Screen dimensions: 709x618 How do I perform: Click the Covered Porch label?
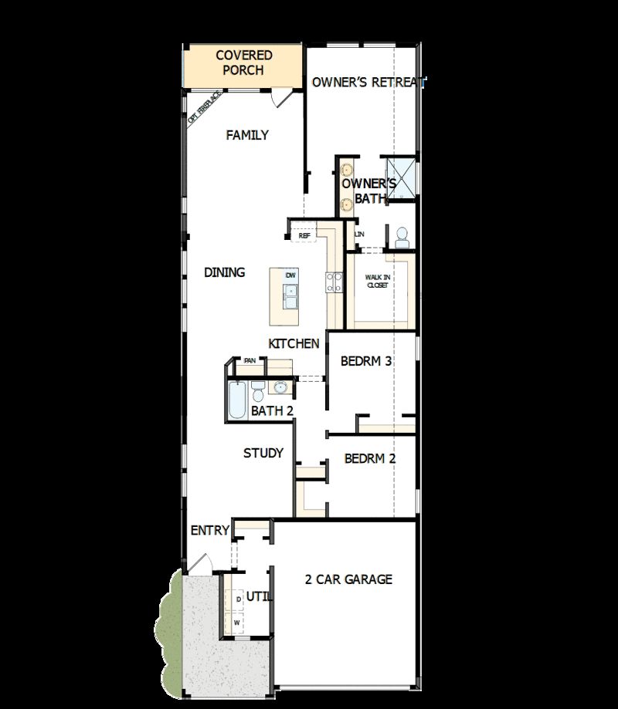point(243,62)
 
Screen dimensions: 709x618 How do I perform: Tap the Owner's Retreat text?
point(368,83)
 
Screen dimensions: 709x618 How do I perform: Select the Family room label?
point(247,135)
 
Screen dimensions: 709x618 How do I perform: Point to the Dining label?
point(225,272)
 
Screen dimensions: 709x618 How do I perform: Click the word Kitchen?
point(294,343)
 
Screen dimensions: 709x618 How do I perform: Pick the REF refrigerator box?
point(304,235)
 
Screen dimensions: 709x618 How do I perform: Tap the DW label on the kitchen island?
point(290,275)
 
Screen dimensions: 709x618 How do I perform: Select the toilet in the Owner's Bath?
point(401,238)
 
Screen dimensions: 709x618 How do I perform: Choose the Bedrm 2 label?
point(370,458)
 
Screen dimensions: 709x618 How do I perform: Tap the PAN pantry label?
point(250,360)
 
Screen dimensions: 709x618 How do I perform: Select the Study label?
point(263,453)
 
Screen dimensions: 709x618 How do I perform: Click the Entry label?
point(210,530)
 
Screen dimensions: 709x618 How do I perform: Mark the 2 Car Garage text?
point(348,579)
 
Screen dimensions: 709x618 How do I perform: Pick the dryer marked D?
point(238,599)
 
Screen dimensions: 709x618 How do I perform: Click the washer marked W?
point(238,622)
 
